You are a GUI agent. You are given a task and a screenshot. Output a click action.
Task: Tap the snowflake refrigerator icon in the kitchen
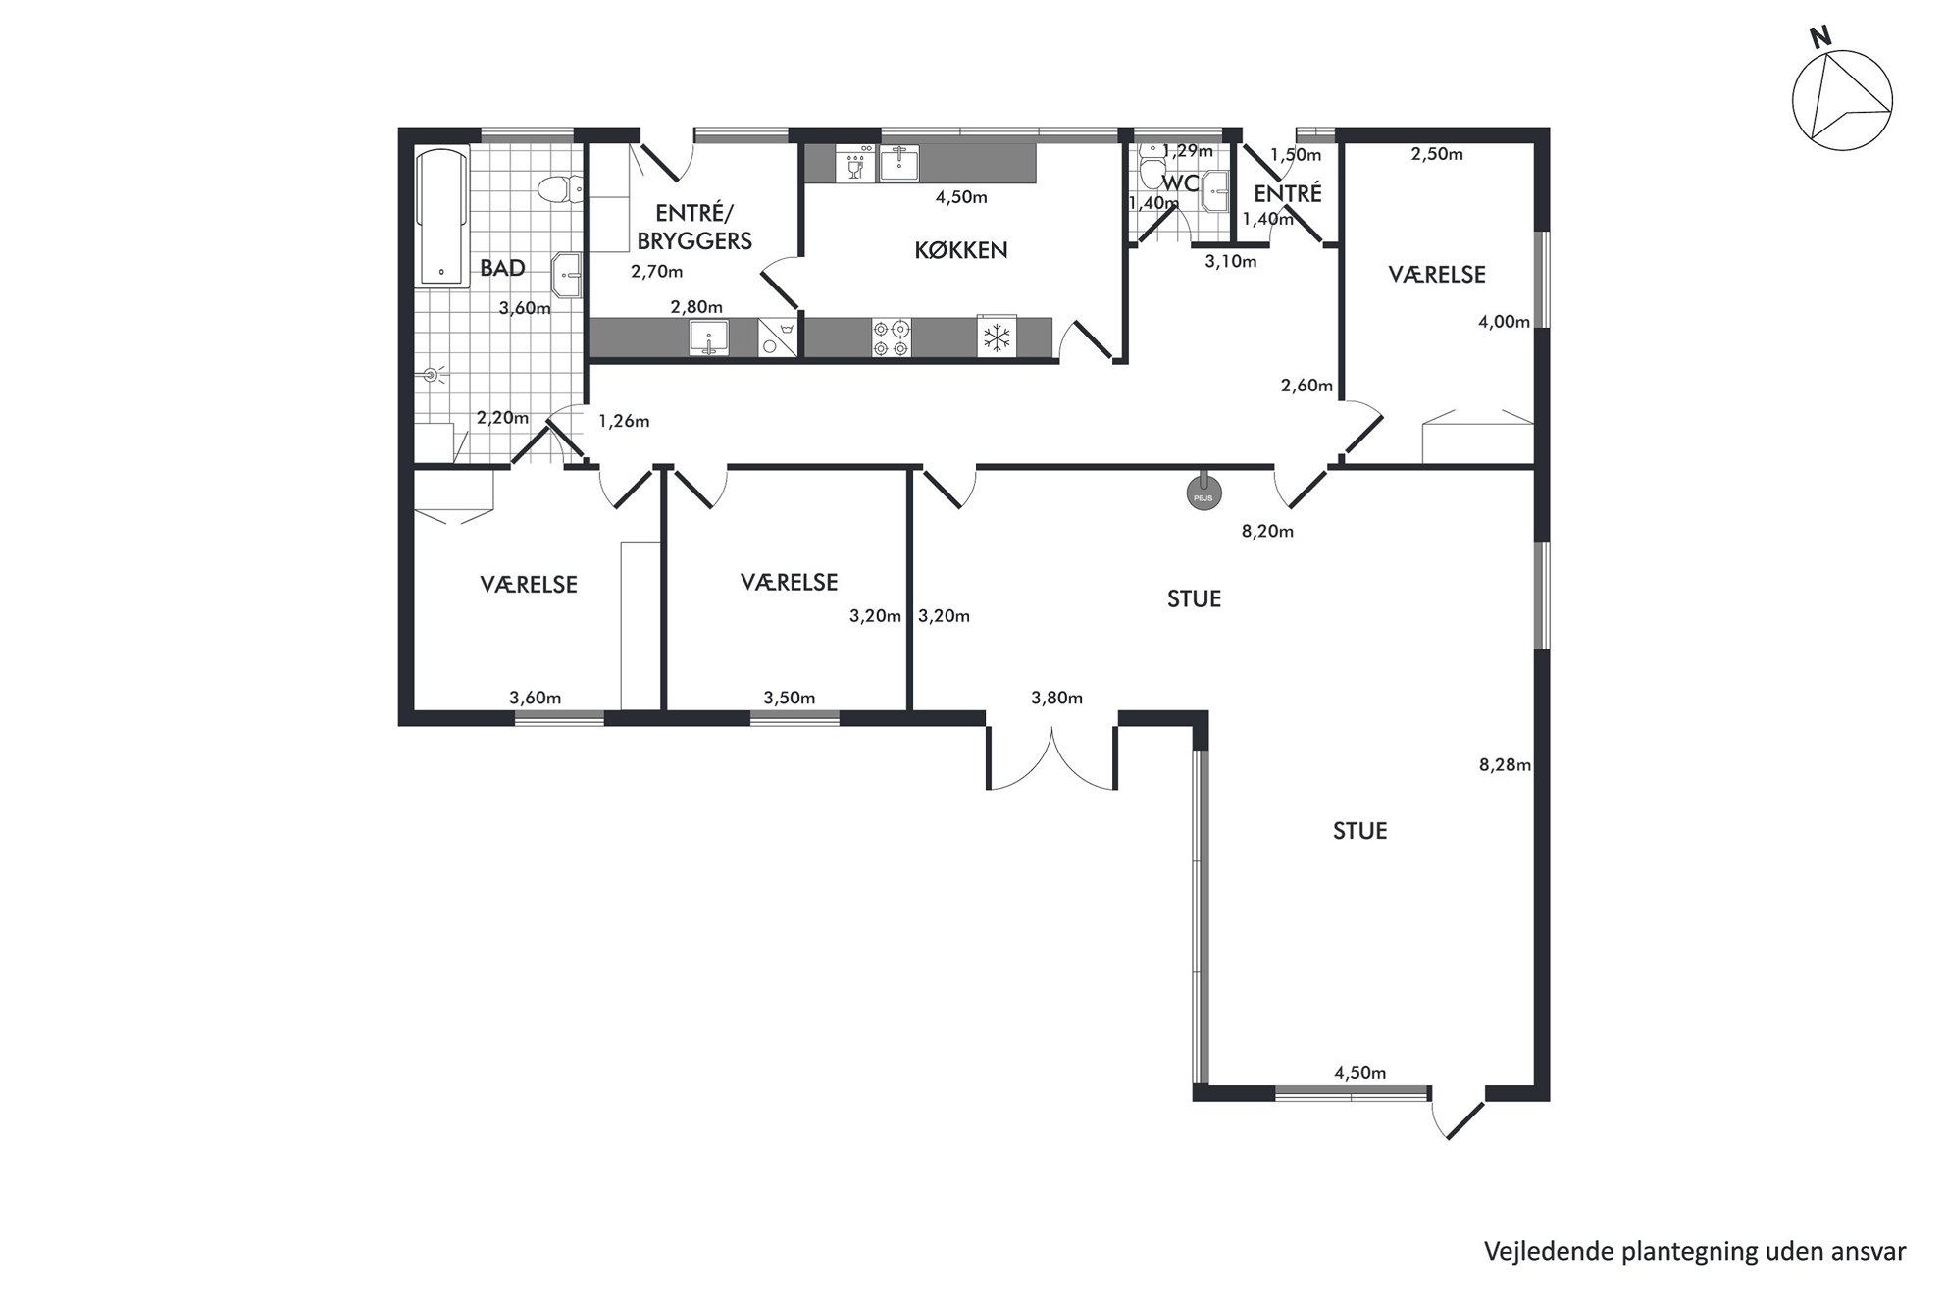pyautogui.click(x=997, y=338)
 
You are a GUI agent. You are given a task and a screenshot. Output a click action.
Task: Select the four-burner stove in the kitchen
pyautogui.click(x=892, y=338)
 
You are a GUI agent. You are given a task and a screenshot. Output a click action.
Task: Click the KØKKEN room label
pyautogui.click(x=960, y=250)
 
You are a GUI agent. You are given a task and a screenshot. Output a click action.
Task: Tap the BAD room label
pyautogui.click(x=502, y=268)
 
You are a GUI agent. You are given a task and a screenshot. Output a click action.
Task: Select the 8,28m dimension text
pyautogui.click(x=1505, y=764)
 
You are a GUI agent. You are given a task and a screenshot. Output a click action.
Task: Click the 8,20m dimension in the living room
pyautogui.click(x=1267, y=532)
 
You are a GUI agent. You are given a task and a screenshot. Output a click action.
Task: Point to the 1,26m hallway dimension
pyautogui.click(x=624, y=422)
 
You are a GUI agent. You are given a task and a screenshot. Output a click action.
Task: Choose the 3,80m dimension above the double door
pyautogui.click(x=1056, y=699)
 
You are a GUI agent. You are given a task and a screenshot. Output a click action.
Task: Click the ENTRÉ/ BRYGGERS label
pyautogui.click(x=695, y=227)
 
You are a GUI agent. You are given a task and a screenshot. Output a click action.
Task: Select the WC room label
pyautogui.click(x=1180, y=183)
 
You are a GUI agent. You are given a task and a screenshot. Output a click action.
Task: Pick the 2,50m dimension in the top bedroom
pyautogui.click(x=1437, y=154)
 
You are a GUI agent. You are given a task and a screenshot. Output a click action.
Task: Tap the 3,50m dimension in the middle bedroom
pyautogui.click(x=790, y=699)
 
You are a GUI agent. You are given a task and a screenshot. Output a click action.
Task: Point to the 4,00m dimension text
pyautogui.click(x=1504, y=322)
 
